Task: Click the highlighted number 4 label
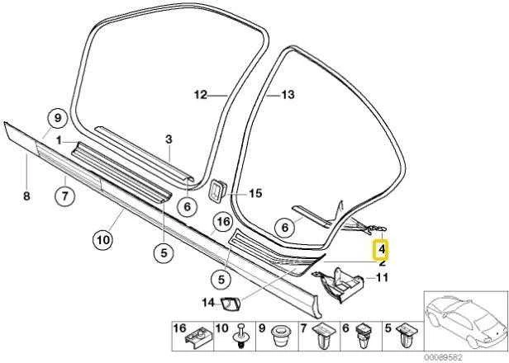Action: click(x=382, y=250)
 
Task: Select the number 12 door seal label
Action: click(x=201, y=96)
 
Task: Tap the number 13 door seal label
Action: click(x=288, y=95)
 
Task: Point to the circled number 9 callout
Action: click(x=58, y=118)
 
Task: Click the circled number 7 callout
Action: click(x=65, y=196)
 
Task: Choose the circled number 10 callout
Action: click(x=103, y=240)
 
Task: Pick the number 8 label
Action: click(x=26, y=196)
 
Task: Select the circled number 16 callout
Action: click(x=223, y=222)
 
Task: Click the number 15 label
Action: click(x=255, y=194)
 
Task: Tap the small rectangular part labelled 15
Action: click(x=217, y=192)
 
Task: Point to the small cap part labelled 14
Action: click(x=231, y=304)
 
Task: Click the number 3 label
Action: click(x=169, y=139)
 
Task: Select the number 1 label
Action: click(x=59, y=141)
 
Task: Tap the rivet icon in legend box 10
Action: click(x=240, y=336)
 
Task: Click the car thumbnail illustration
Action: click(x=466, y=322)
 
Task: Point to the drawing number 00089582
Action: click(x=442, y=357)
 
